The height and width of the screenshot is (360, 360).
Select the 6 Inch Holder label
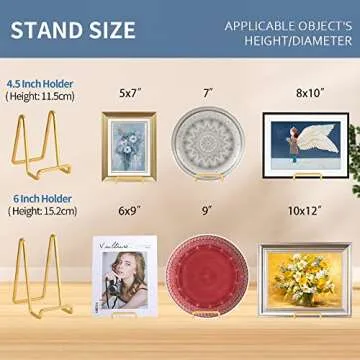33,197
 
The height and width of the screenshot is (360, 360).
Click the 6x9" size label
130,212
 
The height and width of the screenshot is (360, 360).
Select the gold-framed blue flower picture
128,145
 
